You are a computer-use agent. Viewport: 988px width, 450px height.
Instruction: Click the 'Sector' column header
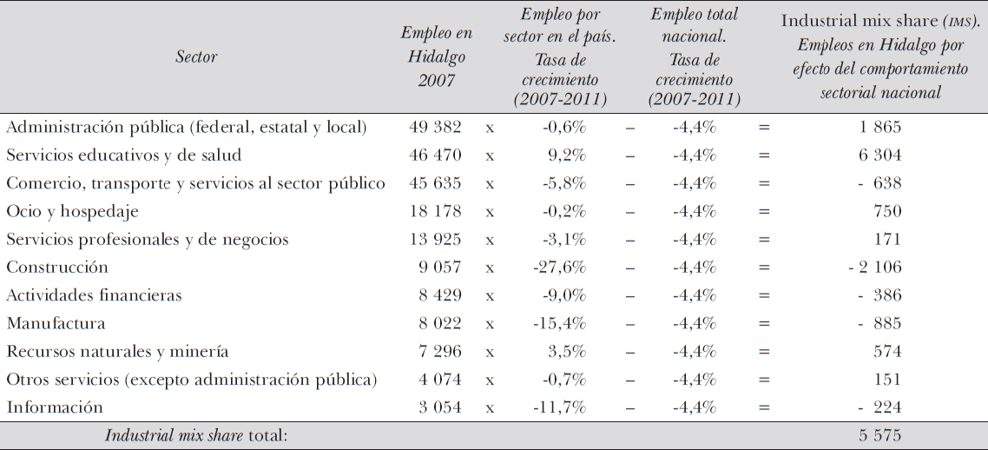click(x=196, y=56)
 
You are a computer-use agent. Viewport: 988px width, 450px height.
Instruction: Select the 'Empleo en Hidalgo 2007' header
click(x=436, y=56)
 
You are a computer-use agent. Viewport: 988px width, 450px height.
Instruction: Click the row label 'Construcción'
click(x=57, y=268)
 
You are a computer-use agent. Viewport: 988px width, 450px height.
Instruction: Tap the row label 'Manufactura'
click(x=56, y=324)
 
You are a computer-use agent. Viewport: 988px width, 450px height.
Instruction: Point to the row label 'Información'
click(x=55, y=407)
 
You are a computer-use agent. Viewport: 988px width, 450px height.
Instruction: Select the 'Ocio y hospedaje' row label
click(x=72, y=211)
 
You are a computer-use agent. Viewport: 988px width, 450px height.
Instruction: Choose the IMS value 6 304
click(x=880, y=156)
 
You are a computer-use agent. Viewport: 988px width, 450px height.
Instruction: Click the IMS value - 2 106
click(x=874, y=268)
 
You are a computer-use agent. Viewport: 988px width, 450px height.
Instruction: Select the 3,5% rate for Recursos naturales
click(x=568, y=352)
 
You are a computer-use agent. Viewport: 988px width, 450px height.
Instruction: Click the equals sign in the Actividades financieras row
click(x=764, y=295)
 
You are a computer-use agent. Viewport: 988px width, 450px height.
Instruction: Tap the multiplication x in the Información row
click(x=490, y=407)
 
